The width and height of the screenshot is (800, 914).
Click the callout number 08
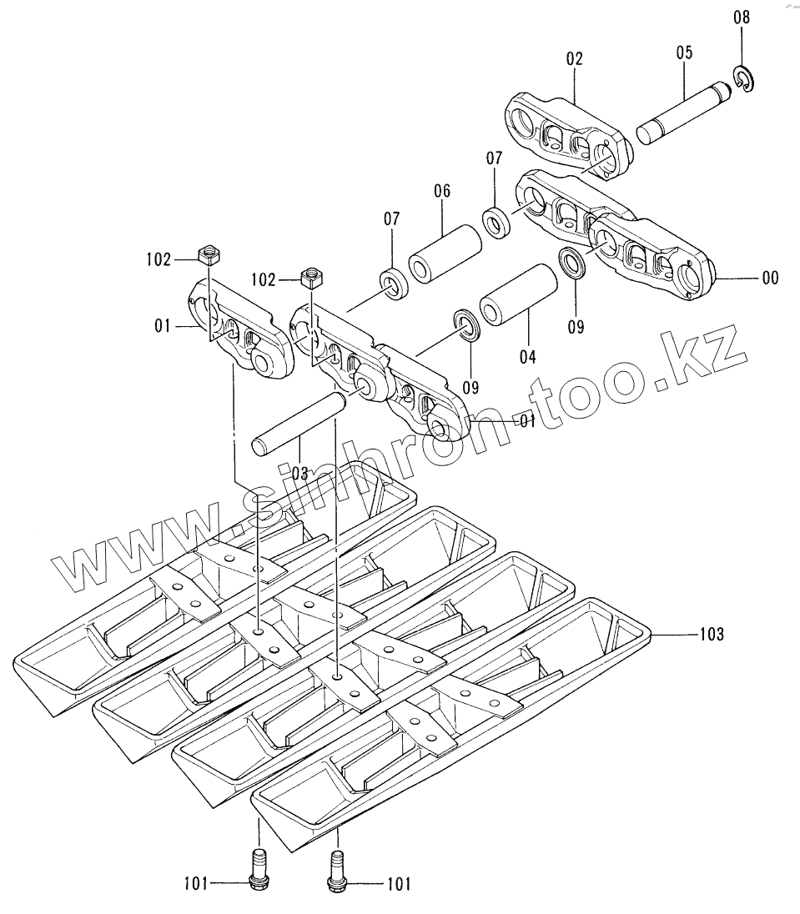point(741,17)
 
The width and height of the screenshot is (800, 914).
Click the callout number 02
point(574,58)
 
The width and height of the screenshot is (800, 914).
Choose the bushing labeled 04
point(519,295)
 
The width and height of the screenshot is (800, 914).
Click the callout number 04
point(527,357)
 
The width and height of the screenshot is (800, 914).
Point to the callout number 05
point(684,52)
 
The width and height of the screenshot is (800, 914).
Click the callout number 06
point(441,192)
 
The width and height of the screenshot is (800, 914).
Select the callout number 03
point(299,473)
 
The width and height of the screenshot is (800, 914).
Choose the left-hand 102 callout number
point(158,259)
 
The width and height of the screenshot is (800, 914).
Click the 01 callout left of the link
point(163,325)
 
